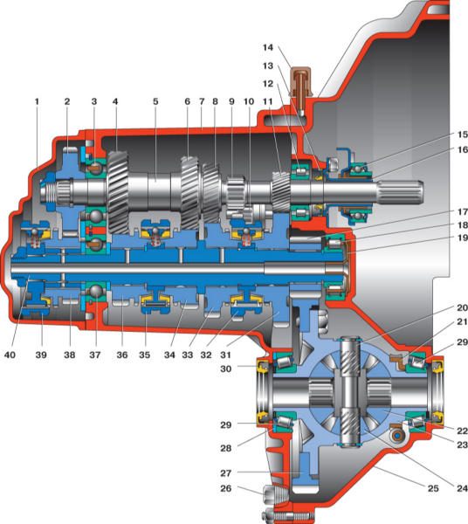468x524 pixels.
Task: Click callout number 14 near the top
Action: [267, 47]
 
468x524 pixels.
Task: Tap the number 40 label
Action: [10, 355]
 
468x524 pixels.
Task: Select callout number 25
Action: [433, 488]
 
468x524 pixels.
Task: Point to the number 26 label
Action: [226, 488]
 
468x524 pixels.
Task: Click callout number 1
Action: [37, 101]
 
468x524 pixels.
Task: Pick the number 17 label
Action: [462, 212]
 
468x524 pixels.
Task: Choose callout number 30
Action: [226, 369]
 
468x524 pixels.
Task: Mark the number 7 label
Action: [202, 101]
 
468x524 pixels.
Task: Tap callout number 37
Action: [95, 355]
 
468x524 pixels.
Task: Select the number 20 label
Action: [462, 307]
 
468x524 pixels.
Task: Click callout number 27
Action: [226, 473]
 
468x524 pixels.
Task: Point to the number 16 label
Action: [462, 149]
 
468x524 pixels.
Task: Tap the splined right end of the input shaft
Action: [401, 191]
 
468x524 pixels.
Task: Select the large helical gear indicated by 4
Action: [118, 192]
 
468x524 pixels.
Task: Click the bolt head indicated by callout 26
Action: [268, 493]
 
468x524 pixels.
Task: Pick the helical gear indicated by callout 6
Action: [189, 192]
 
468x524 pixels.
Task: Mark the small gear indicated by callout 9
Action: [236, 194]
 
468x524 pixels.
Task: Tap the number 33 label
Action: [188, 355]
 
